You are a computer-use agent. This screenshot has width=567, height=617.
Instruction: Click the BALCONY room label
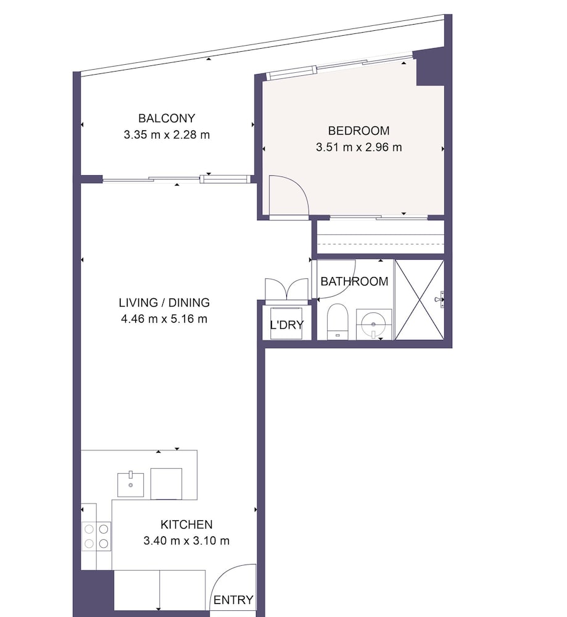coord(167,118)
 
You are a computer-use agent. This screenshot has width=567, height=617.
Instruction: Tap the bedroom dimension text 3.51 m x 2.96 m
coord(359,147)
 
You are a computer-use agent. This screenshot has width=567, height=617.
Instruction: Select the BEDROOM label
coord(359,131)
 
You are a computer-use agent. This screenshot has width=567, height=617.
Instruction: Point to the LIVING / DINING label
coord(164,302)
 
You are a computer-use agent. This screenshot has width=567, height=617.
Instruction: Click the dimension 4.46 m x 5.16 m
coord(164,319)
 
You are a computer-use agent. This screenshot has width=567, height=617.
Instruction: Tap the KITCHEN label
coord(186,524)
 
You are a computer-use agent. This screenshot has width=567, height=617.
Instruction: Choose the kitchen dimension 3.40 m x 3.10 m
coord(186,540)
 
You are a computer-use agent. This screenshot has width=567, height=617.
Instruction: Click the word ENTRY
coord(233,600)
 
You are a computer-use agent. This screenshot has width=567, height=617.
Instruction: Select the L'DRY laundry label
coord(287,325)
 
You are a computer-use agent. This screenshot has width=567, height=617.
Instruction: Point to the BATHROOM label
coord(354,281)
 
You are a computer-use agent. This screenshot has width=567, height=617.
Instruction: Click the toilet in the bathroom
coord(338,321)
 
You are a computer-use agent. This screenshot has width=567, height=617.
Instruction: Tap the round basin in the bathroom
coord(374,325)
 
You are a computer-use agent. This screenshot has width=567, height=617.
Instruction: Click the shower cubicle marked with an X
coord(420,299)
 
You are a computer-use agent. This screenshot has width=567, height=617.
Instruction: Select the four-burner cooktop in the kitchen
coord(96,537)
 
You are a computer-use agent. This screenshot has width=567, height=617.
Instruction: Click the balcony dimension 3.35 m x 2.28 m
coord(167,135)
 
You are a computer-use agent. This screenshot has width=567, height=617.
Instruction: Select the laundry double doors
coord(287,289)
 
